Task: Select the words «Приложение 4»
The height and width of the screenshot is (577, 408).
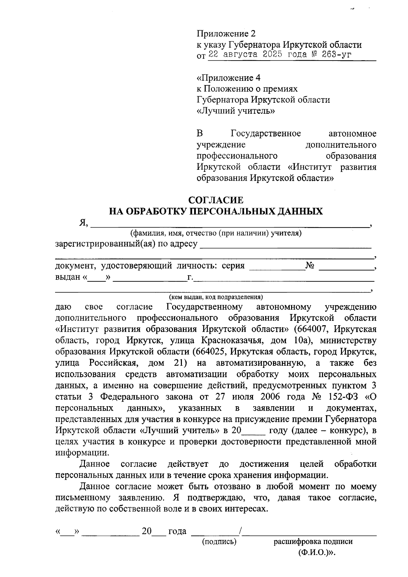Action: [x=228, y=78]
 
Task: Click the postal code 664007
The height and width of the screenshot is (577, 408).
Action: [x=312, y=329]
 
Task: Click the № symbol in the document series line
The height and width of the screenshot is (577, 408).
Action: [x=309, y=266]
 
